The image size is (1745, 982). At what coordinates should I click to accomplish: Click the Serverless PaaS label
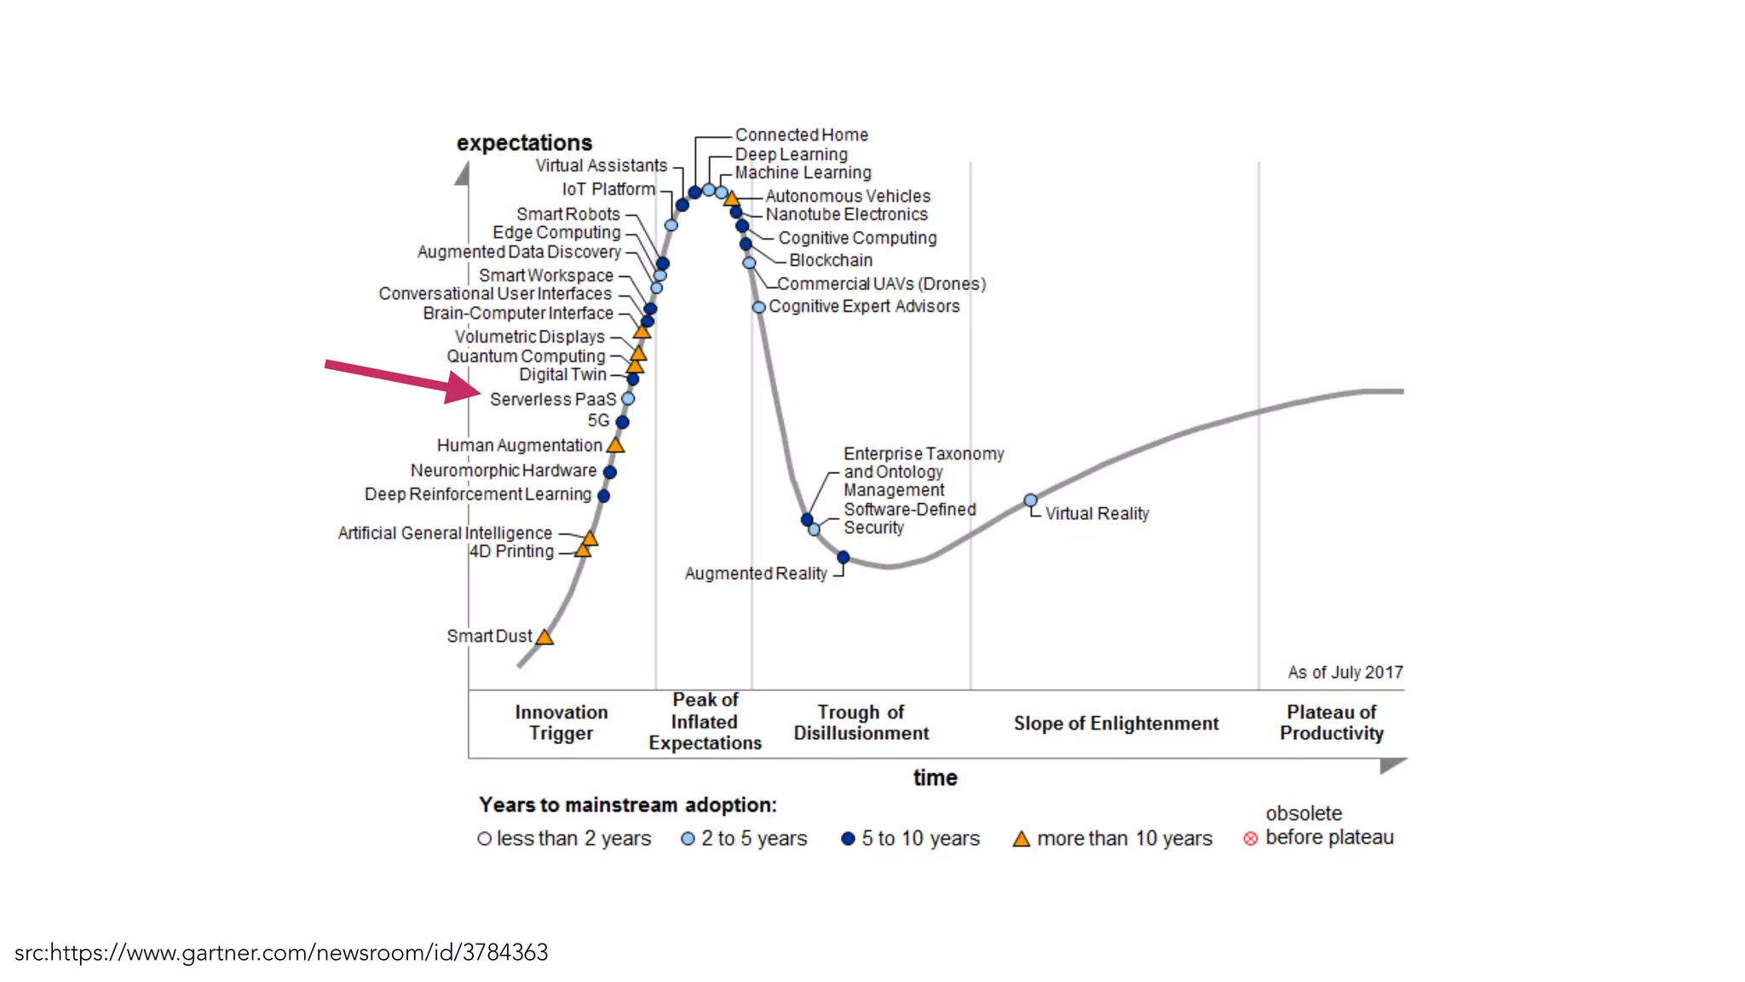click(x=552, y=399)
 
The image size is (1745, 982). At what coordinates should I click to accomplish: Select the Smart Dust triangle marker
click(x=544, y=637)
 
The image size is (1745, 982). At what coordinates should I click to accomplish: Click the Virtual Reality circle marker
click(x=1030, y=500)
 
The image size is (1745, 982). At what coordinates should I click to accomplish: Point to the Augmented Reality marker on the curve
click(x=843, y=557)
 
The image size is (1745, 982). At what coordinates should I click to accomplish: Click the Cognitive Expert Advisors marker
click(x=758, y=307)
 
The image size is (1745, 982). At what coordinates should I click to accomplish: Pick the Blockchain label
click(x=830, y=260)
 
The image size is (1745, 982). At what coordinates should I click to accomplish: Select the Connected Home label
click(x=801, y=135)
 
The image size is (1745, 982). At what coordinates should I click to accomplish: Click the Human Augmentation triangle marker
click(x=615, y=445)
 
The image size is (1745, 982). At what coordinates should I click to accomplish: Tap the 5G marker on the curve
click(x=622, y=422)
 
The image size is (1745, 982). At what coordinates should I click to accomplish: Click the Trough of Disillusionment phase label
click(x=861, y=723)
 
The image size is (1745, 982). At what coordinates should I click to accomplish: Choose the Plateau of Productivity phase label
click(x=1331, y=723)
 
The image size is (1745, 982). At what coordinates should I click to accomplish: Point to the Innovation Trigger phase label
click(x=561, y=723)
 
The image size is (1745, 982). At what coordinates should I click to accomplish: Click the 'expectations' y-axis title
click(x=524, y=142)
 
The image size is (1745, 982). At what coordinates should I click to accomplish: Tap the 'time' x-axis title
click(x=935, y=777)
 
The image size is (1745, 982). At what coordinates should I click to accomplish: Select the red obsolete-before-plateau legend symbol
click(x=1250, y=839)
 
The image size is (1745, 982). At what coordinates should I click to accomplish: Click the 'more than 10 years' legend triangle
click(x=1021, y=839)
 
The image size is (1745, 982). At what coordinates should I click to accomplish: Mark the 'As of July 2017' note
click(x=1345, y=673)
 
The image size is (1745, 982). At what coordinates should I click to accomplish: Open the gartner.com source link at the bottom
click(x=281, y=952)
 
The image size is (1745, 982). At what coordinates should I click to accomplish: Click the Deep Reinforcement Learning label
click(x=477, y=494)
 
